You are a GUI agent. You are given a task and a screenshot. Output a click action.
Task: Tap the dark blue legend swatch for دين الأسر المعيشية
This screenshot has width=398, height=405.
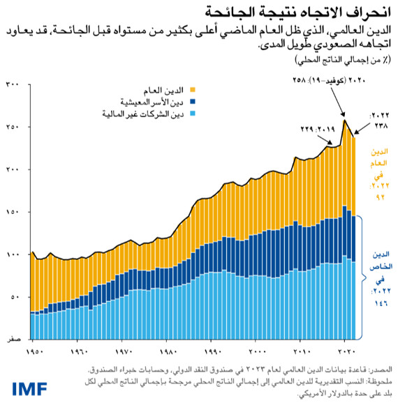[193, 101]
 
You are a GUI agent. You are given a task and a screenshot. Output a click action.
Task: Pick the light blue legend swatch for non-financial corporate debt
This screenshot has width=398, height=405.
[193, 112]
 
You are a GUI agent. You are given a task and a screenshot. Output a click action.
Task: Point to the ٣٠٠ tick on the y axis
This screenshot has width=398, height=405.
[13, 84]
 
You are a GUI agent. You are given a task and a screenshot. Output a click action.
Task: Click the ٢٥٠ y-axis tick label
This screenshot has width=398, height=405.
[13, 127]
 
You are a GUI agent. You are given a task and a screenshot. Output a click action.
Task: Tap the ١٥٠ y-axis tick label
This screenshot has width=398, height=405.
[13, 212]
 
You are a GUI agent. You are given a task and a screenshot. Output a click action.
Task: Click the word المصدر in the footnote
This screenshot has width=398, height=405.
[381, 367]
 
